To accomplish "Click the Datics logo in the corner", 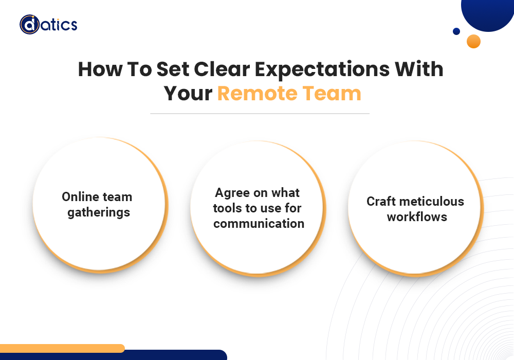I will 48,24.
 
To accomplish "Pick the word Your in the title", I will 188,94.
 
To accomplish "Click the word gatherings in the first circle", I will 99,212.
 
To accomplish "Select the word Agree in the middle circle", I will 232,193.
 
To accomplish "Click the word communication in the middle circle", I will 259,224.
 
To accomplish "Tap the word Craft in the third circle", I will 381,201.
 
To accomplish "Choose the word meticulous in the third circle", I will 432,201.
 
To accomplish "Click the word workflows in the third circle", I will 417,217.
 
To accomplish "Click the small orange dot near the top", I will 473,41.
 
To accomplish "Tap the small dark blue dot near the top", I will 456,31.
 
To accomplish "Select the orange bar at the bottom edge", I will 62,348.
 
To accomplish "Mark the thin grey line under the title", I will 260,113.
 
